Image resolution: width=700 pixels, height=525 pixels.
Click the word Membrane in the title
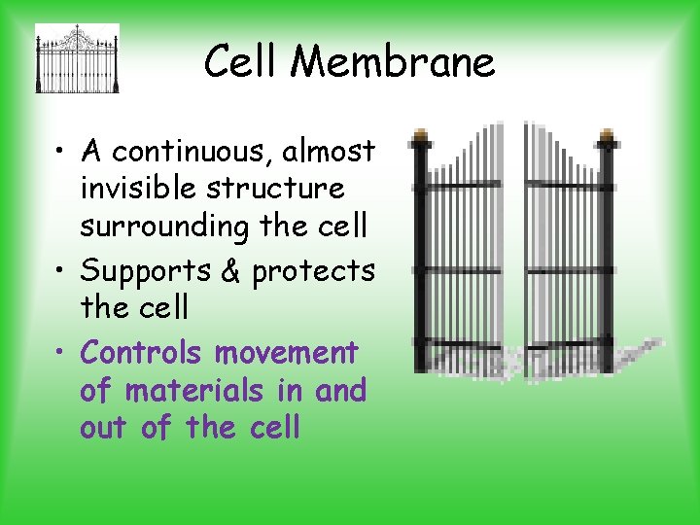(x=393, y=63)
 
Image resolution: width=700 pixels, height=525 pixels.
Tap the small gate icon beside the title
(x=77, y=58)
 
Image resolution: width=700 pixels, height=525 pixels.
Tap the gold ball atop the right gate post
(x=608, y=135)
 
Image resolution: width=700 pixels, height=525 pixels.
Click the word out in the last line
(x=106, y=428)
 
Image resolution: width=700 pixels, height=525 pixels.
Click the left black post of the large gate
(x=421, y=258)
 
